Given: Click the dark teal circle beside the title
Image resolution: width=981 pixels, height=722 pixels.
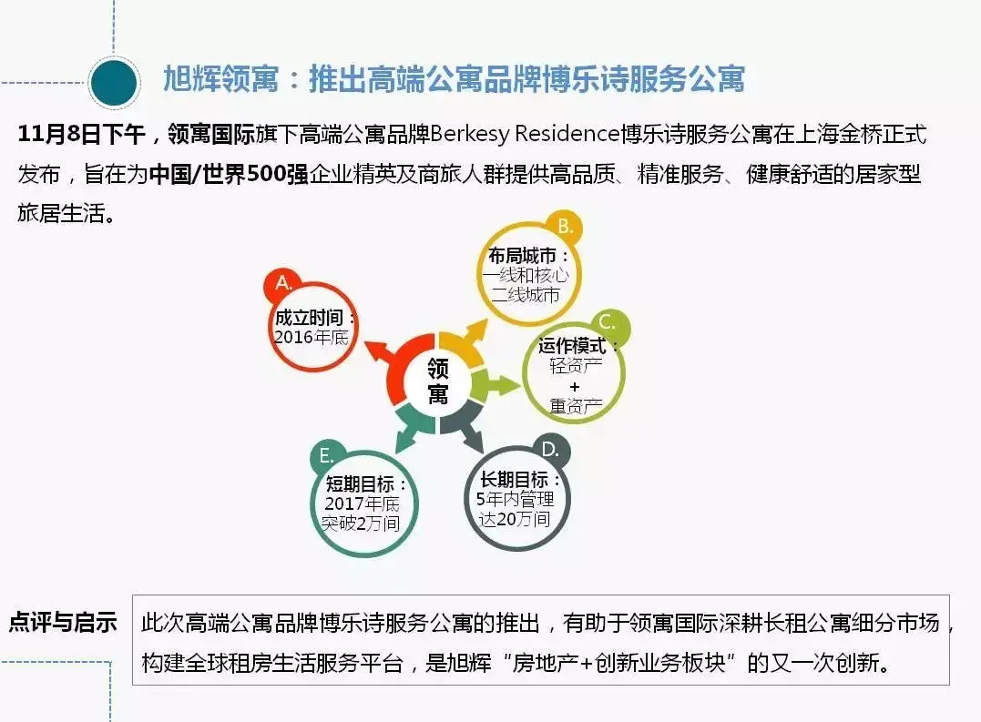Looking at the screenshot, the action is [114, 83].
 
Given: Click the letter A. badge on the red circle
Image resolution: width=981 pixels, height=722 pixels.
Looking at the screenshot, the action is [282, 284].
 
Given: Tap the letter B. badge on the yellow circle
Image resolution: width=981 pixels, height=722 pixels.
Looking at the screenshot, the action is [565, 227].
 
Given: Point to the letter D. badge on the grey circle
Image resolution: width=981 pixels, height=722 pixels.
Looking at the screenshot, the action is [550, 450].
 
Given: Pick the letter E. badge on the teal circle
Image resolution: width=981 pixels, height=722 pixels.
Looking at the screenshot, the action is [327, 456].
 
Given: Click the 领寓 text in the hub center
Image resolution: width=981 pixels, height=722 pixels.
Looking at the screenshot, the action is [438, 381].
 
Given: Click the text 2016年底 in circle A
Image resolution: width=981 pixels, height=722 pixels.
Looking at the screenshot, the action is [311, 338].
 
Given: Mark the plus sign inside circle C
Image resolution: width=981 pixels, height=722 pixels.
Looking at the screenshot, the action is [575, 387].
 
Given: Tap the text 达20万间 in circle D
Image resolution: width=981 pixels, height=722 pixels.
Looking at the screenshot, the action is [515, 519].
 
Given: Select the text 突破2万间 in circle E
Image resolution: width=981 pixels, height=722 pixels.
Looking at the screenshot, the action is [361, 524].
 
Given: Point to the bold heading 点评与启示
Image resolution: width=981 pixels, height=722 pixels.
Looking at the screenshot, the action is [63, 623].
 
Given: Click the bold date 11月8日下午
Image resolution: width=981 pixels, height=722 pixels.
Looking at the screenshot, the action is [81, 135].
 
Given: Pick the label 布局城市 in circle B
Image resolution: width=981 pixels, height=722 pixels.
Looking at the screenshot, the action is [523, 256].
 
